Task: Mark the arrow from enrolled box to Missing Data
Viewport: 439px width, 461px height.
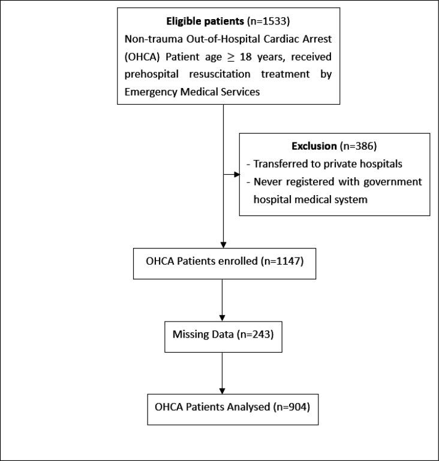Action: pyautogui.click(x=222, y=299)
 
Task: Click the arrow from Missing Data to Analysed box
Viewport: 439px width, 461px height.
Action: pyautogui.click(x=222, y=371)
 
